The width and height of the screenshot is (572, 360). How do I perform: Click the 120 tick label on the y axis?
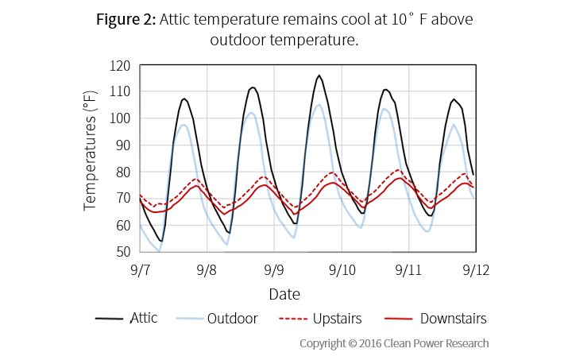[121, 65]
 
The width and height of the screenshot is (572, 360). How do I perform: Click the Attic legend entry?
[143, 318]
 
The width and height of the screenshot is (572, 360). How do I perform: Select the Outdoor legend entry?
[232, 319]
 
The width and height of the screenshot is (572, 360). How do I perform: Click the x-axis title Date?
[284, 294]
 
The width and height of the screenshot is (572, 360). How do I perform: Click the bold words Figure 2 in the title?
[126, 20]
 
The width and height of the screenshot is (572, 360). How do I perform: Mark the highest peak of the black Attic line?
[319, 75]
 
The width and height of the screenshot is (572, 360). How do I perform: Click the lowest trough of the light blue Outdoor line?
[159, 251]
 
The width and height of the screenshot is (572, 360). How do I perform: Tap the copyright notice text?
[394, 343]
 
